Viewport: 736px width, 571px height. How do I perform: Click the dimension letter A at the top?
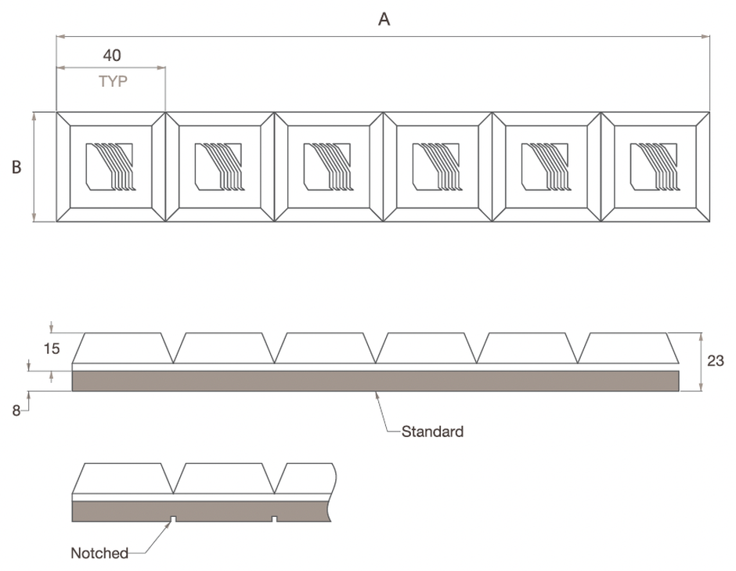point(384,20)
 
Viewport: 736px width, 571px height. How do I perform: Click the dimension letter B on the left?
point(16,167)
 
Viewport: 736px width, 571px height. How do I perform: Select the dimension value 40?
point(112,56)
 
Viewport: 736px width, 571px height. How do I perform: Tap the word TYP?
point(113,81)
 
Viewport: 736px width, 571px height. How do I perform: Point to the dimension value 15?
point(52,349)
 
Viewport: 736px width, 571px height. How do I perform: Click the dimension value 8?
point(16,411)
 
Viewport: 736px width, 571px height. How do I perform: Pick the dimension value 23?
point(716,360)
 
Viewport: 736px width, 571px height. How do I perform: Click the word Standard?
point(432,432)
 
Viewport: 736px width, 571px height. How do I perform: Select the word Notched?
point(99,553)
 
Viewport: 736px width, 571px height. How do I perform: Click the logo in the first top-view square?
point(110,167)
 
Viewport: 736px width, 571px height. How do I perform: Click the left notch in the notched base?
point(173,519)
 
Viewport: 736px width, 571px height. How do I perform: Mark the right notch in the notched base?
point(275,519)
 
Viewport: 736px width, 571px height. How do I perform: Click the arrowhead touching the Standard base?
point(377,396)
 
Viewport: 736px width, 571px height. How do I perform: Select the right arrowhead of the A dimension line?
point(705,36)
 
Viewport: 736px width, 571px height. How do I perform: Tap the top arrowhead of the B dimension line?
point(34,117)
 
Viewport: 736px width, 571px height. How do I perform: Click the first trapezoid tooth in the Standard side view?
point(122,348)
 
